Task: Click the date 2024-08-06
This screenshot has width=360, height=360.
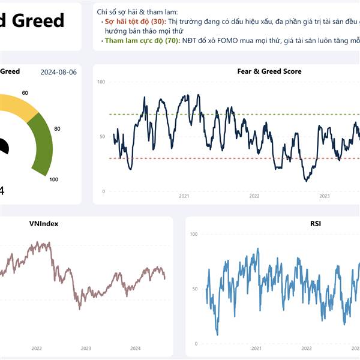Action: point(59,72)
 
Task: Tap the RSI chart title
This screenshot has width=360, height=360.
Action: point(315,224)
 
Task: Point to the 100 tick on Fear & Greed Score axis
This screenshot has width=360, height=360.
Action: point(100,82)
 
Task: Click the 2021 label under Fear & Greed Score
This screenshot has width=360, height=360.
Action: point(184,196)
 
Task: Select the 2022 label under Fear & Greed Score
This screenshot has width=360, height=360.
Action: point(254,196)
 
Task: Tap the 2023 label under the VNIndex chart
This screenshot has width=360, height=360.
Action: point(86,348)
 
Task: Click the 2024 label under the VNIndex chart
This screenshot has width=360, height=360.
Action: point(135,348)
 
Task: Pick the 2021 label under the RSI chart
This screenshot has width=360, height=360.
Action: point(256,348)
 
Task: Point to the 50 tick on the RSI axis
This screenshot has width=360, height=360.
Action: point(193,289)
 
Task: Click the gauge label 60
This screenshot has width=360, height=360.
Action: point(25,93)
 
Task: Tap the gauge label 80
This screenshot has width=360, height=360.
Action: point(57,128)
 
